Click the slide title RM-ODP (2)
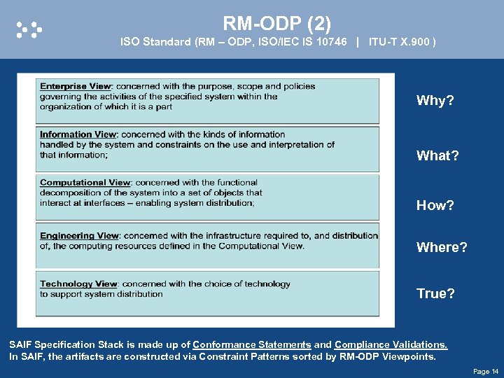click(276, 24)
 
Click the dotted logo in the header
click(29, 29)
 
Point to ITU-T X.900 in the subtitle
click(402, 42)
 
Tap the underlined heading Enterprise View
click(76, 87)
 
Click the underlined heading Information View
click(78, 134)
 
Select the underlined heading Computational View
click(85, 183)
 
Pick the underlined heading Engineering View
click(79, 236)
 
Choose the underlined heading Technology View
click(78, 284)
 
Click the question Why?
click(435, 101)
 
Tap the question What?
click(437, 156)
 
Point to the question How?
click(435, 206)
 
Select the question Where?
click(442, 248)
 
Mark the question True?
click(435, 294)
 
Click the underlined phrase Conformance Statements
click(252, 345)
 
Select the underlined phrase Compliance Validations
click(391, 345)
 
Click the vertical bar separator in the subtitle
click(358, 42)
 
